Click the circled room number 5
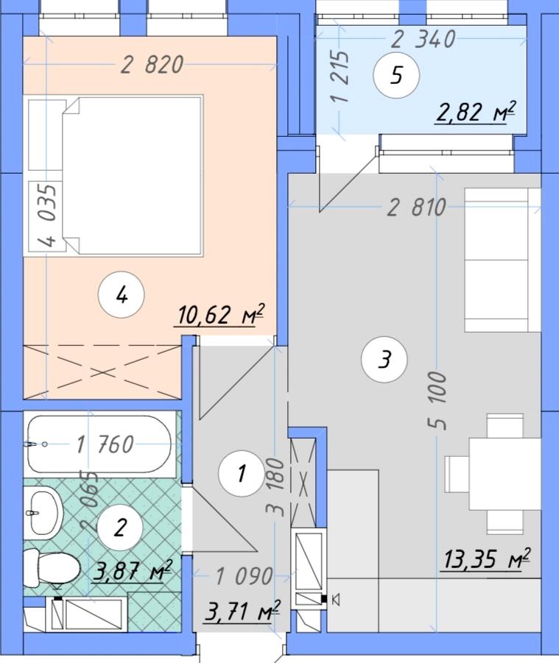[x=396, y=76]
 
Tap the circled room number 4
[x=121, y=296]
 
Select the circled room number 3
[x=384, y=359]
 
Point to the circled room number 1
[x=242, y=473]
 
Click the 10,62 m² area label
[x=219, y=316]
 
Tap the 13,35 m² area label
[x=486, y=559]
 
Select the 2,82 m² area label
[x=475, y=113]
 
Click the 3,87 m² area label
[x=132, y=571]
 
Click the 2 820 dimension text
[x=152, y=65]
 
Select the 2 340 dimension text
[x=423, y=39]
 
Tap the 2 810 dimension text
[x=417, y=208]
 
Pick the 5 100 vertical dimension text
[x=438, y=400]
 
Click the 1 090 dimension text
[x=245, y=576]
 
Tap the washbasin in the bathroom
[x=43, y=513]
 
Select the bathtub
[x=99, y=444]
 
